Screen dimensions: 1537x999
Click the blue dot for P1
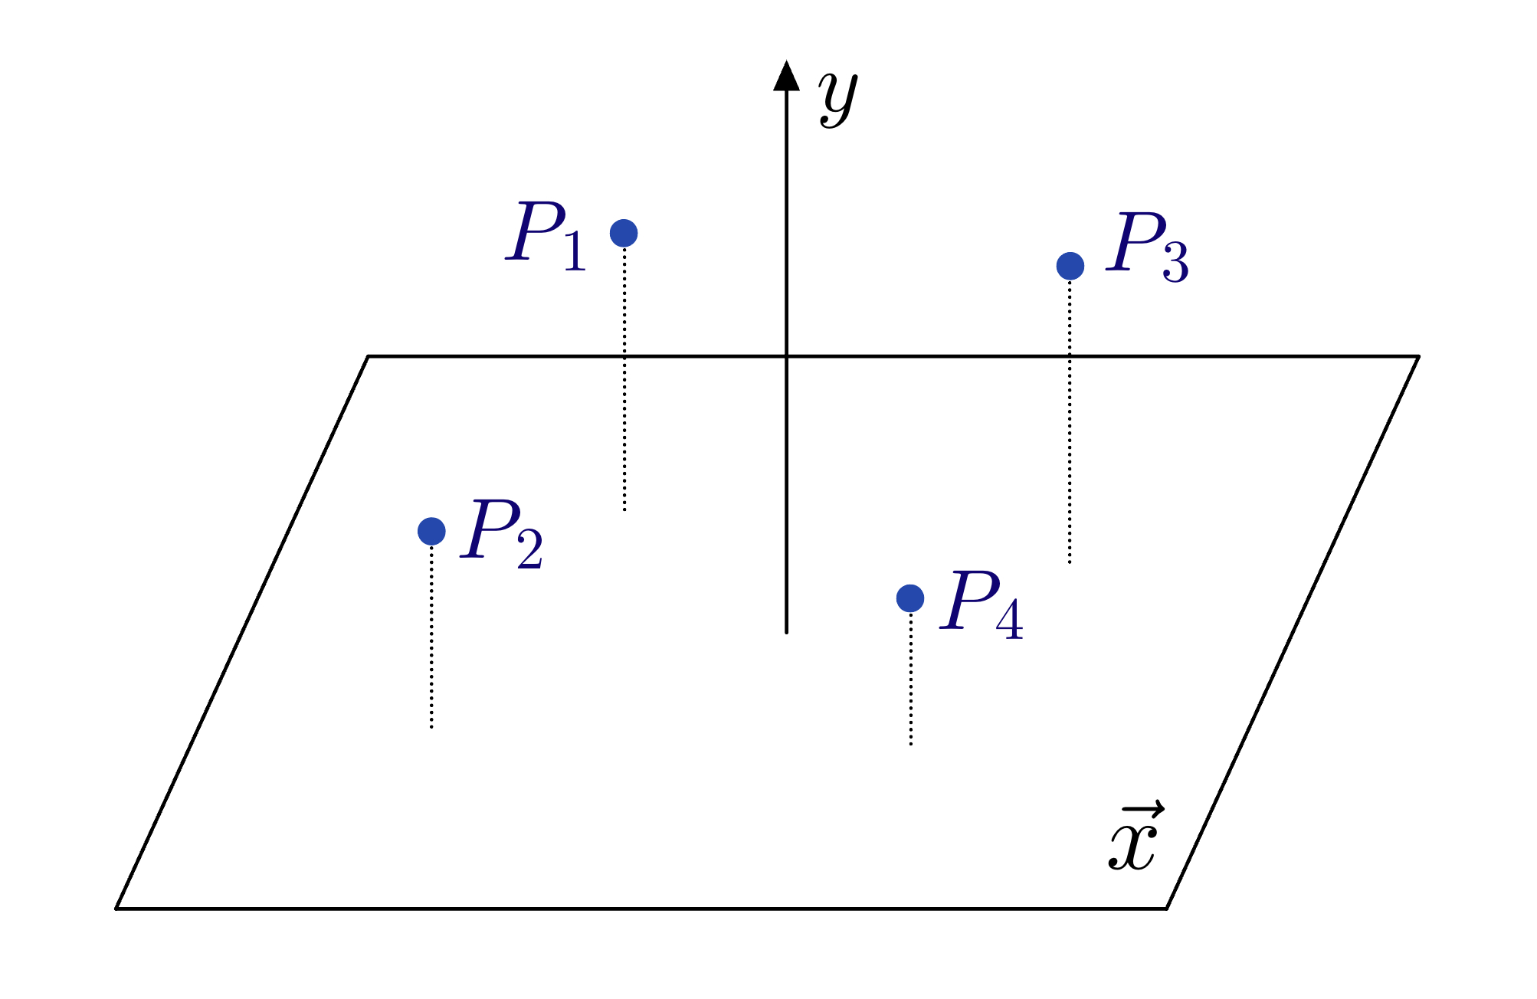[x=624, y=233]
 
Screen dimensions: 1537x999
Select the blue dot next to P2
[x=431, y=530]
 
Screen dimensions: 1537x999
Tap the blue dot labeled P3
[x=1070, y=266]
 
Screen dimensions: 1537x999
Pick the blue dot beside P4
[x=910, y=598]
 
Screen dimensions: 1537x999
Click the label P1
[x=546, y=236]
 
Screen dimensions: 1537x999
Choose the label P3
[x=1147, y=247]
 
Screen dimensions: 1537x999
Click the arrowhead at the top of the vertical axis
[x=786, y=76]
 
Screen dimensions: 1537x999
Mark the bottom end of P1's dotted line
[x=624, y=510]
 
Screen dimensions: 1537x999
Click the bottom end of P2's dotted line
[x=431, y=727]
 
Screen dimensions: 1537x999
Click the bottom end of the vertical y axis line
[x=786, y=633]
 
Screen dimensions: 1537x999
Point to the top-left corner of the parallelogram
[x=369, y=356]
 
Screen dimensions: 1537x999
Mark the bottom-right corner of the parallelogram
[x=1166, y=909]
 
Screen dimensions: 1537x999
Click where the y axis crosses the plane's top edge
[x=786, y=356]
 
